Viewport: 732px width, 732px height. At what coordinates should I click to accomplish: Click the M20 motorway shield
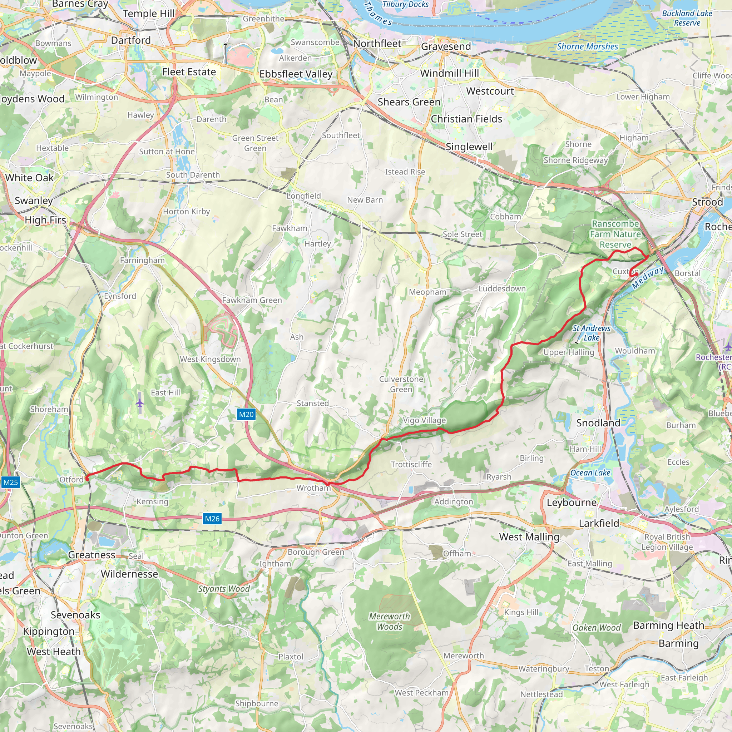(246, 414)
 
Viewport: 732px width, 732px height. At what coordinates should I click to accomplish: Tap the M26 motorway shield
(212, 519)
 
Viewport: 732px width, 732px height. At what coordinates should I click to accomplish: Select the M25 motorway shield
(10, 482)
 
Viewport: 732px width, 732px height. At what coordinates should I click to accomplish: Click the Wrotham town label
(313, 488)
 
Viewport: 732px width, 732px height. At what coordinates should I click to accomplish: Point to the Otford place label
(71, 480)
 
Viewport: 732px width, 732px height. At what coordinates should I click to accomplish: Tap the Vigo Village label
(424, 420)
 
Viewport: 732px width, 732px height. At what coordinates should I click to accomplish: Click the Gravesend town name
(446, 46)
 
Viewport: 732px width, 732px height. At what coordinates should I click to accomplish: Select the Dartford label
(131, 40)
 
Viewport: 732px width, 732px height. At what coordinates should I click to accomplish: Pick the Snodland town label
(598, 423)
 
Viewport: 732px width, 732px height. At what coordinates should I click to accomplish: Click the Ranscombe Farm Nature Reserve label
(615, 234)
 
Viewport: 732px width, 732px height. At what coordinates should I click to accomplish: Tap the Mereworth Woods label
(390, 621)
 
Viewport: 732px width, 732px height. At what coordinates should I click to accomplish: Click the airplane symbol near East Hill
(140, 403)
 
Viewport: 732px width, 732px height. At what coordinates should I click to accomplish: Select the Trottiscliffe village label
(411, 464)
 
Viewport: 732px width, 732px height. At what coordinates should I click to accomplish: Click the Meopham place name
(427, 292)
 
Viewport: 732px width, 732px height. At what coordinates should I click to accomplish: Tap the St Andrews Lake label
(592, 333)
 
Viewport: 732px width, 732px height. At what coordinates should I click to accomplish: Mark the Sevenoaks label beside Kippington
(75, 614)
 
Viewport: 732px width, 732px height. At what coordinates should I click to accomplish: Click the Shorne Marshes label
(587, 46)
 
